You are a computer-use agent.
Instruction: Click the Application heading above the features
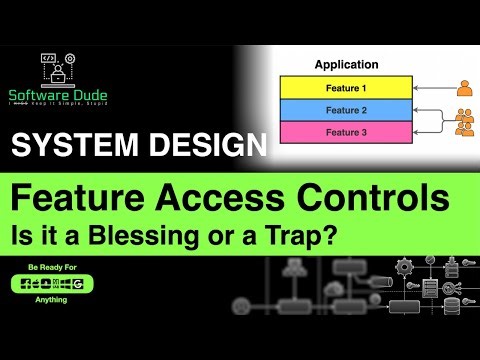(x=346, y=64)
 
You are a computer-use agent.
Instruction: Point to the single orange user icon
(x=464, y=88)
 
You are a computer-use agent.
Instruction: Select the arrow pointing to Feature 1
(x=431, y=88)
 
